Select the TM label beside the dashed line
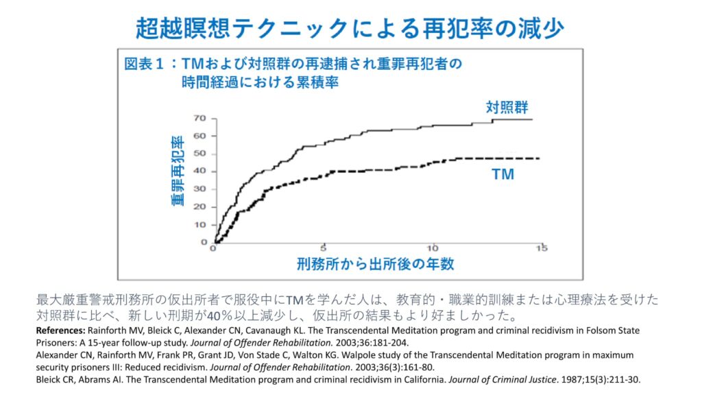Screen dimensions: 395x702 click(503, 175)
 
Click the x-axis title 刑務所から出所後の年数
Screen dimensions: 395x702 click(376, 263)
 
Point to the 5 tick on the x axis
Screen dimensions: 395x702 click(323, 248)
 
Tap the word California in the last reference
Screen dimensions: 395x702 click(415, 379)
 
